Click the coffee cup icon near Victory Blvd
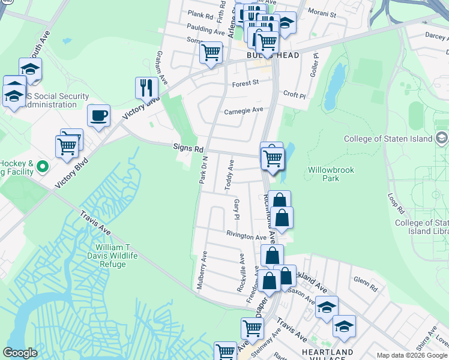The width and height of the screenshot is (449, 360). coord(98,115)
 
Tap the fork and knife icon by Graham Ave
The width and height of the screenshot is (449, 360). coord(146,88)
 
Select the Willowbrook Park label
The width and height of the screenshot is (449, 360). coord(331,174)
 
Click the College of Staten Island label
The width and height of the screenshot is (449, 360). coord(388,139)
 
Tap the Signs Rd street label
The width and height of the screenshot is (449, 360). coord(188,148)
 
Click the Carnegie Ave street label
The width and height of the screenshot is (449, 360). coord(244,110)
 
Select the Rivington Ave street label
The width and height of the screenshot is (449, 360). coord(246,236)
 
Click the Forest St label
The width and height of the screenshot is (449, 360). coord(245,83)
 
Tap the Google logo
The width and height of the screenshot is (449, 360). coord(20,353)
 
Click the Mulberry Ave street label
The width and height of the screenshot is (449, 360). coord(202,269)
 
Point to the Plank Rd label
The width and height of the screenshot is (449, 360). coord(200,15)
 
